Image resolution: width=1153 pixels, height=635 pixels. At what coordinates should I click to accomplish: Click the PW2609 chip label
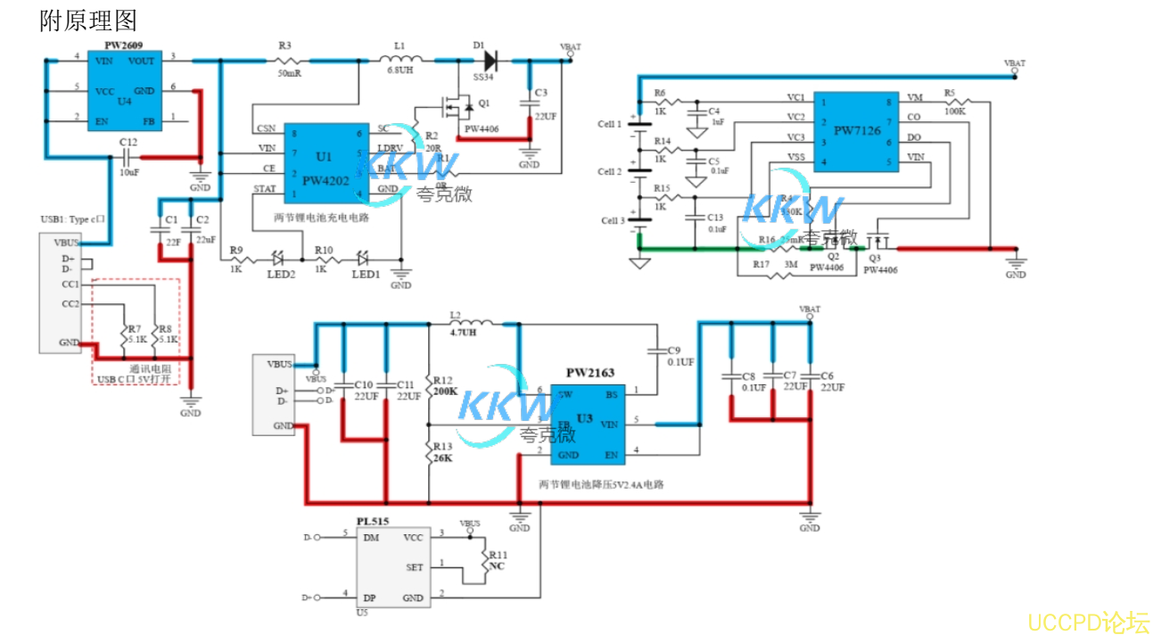[x=123, y=45]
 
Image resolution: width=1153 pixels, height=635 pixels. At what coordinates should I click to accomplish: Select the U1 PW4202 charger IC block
[x=325, y=164]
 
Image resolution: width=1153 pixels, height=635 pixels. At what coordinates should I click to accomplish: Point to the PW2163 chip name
[x=589, y=373]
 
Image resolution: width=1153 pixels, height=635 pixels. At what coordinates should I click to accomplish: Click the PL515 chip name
[x=372, y=520]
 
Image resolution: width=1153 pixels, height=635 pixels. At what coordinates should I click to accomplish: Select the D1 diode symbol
[x=489, y=61]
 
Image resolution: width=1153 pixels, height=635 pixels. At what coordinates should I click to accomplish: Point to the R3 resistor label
[x=285, y=45]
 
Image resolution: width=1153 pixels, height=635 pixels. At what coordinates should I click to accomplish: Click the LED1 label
[x=365, y=275]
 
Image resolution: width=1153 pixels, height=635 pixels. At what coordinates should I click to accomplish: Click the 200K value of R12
[x=446, y=391]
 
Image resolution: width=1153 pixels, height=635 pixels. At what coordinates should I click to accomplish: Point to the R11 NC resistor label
[x=498, y=559]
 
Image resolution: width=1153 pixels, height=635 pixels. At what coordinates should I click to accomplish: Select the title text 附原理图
[x=88, y=20]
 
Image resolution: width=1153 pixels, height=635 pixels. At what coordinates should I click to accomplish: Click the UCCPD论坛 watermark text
[x=1088, y=622]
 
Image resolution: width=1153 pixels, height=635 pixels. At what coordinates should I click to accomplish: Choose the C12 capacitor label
[x=128, y=143]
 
